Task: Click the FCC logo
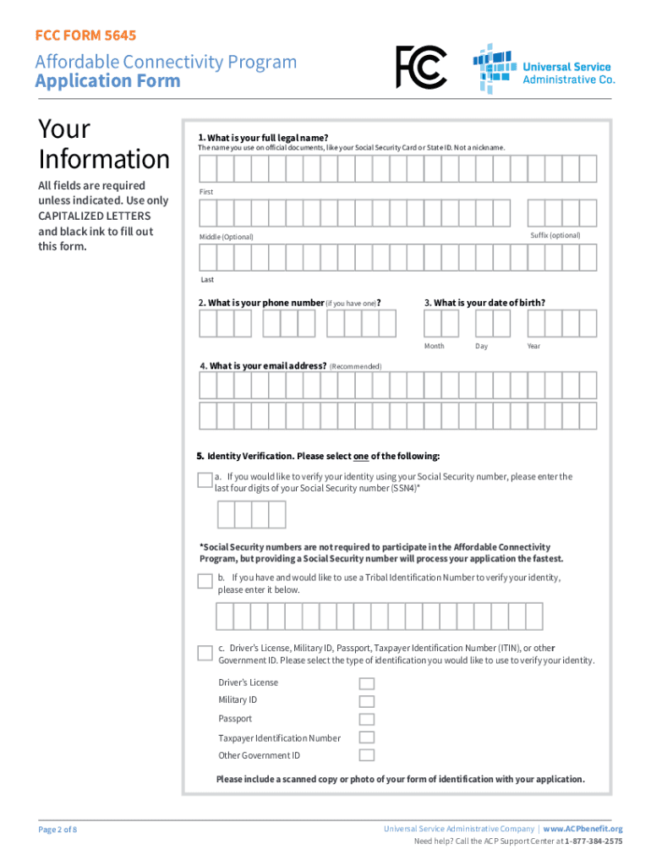click(421, 68)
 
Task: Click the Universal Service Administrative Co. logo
click(544, 69)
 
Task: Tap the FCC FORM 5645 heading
click(85, 36)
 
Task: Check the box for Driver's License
click(366, 683)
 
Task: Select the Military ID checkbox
click(366, 701)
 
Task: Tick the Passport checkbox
click(366, 720)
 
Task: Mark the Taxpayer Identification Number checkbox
click(366, 738)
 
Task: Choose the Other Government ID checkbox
click(366, 755)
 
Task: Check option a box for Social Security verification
click(205, 480)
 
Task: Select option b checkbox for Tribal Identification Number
click(205, 581)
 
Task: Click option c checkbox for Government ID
click(205, 653)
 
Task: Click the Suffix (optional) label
click(555, 235)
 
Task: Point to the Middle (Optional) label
click(226, 237)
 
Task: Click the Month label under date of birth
click(434, 346)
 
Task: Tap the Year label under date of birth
click(533, 346)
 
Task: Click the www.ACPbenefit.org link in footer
click(583, 829)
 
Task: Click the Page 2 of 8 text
click(57, 830)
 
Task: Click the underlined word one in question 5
click(360, 457)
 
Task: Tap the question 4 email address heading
click(263, 366)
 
